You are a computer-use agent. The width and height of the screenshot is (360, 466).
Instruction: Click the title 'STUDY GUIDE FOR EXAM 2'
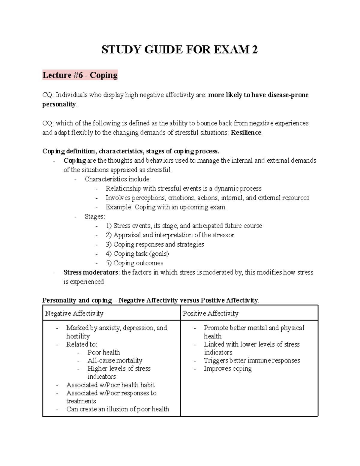pos(179,50)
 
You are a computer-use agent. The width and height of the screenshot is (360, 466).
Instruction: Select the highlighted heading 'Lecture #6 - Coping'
pos(80,75)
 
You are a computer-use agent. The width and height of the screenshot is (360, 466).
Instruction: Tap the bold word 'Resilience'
pos(246,133)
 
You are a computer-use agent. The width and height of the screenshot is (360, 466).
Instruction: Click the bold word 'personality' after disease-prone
pos(59,104)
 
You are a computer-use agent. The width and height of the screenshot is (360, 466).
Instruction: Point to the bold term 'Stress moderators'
pos(91,272)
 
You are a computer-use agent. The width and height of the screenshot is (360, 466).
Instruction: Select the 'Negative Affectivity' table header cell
pos(74,314)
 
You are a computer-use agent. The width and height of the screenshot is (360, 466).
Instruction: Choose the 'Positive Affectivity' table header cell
pos(211,314)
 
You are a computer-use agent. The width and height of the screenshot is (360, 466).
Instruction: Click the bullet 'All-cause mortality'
pos(115,360)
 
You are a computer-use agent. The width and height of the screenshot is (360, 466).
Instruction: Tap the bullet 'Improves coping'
pos(227,368)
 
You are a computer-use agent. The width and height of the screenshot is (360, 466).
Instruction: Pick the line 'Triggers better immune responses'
pos(252,360)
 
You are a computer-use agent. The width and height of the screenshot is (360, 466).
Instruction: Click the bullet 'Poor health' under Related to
pos(103,352)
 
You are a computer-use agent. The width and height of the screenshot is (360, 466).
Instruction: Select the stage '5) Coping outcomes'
pos(134,263)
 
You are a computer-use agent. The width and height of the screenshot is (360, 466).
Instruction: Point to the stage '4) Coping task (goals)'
pos(137,254)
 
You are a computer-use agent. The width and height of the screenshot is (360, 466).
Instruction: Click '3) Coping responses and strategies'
pos(154,245)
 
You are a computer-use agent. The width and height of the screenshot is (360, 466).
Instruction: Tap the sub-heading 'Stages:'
pos(95,217)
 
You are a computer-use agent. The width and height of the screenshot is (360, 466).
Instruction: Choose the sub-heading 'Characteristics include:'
pos(118,179)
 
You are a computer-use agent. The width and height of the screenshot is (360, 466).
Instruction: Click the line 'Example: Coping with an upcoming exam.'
pos(166,207)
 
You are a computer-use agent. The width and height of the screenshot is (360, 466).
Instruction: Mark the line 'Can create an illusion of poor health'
pos(118,409)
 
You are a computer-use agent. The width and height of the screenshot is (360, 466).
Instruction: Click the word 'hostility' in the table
pos(78,336)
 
